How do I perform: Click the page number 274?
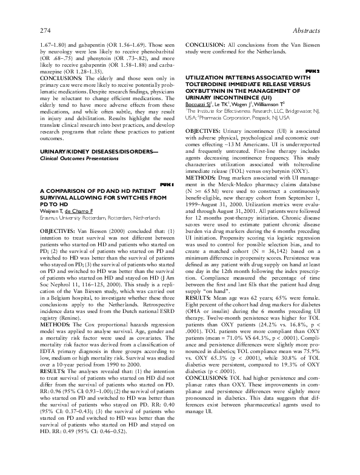tap(45, 30)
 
